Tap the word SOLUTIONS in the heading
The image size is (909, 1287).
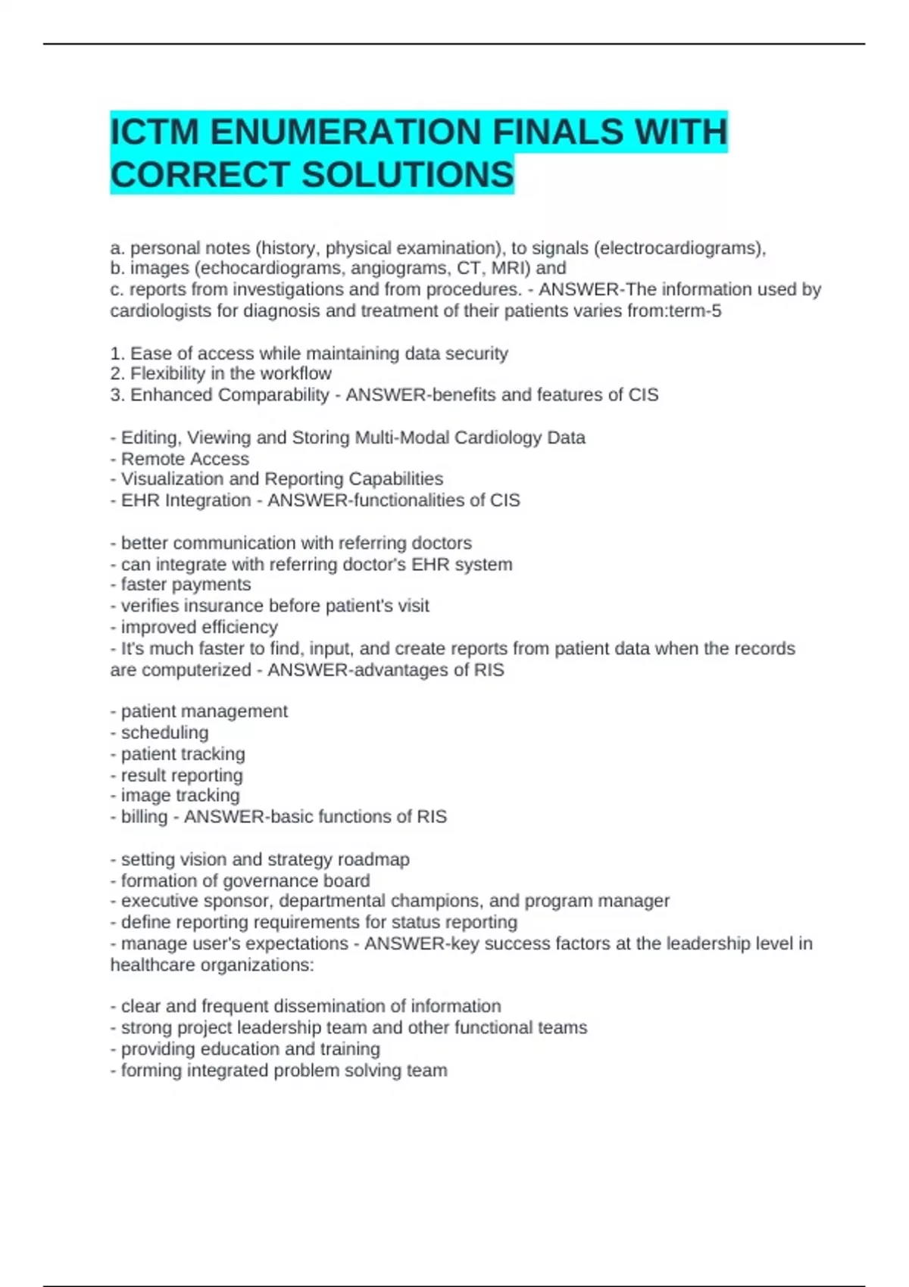pyautogui.click(x=408, y=175)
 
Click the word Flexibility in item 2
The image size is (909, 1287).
pyautogui.click(x=167, y=373)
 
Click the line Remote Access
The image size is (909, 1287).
pyautogui.click(x=185, y=459)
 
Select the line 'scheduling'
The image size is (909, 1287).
pyautogui.click(x=164, y=733)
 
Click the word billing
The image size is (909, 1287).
pyautogui.click(x=144, y=817)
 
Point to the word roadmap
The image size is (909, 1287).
pyautogui.click(x=373, y=859)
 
